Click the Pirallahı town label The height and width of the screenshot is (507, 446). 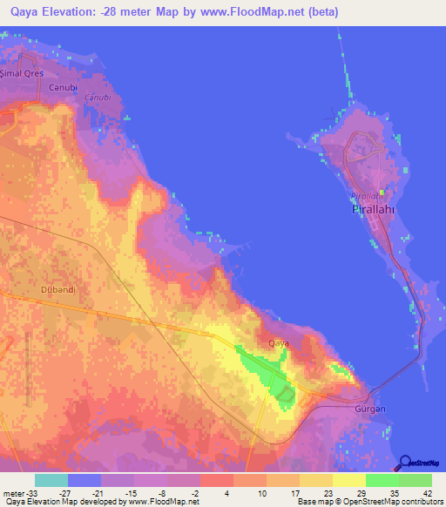[x=374, y=210]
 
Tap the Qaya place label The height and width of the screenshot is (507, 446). [x=279, y=342]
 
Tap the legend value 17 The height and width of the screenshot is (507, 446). [x=282, y=492]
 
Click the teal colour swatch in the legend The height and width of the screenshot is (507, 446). [x=51, y=480]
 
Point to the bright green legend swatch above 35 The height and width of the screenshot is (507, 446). [x=382, y=480]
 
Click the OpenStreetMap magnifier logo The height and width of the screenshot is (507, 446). [x=404, y=463]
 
